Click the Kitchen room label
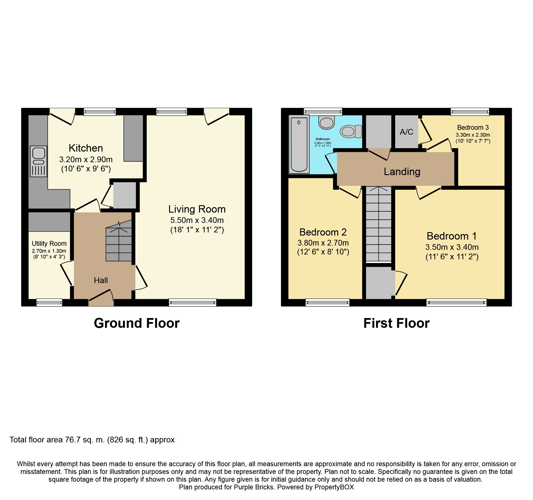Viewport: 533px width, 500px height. [86, 148]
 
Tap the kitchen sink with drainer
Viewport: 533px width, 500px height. [39, 161]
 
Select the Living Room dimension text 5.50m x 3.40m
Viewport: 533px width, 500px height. [197, 220]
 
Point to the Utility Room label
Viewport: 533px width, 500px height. [49, 244]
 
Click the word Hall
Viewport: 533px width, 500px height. [101, 281]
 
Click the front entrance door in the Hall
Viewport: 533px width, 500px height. [101, 298]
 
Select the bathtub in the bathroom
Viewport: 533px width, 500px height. [299, 144]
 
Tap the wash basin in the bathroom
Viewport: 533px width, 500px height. [326, 122]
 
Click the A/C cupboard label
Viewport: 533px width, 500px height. [406, 132]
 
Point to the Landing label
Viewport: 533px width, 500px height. [402, 172]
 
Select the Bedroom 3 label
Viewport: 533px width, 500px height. [473, 128]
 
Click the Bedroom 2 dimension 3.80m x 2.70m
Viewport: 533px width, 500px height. [323, 243]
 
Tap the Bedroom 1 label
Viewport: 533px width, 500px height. [452, 236]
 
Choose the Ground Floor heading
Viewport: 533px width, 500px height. [137, 323]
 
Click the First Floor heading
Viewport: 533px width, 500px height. [396, 323]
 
